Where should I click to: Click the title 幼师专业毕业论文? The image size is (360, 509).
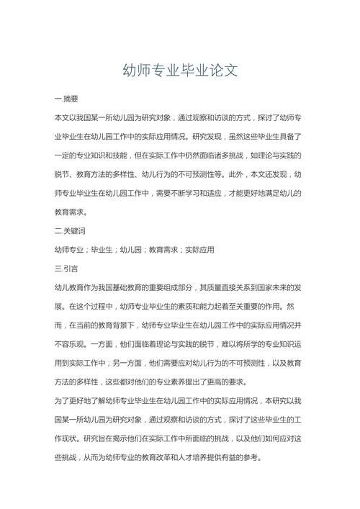pos(180,71)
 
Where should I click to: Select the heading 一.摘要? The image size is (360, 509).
pos(66,99)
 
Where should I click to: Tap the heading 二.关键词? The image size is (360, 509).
pos(71,231)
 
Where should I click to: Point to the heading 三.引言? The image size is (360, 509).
pos(66,269)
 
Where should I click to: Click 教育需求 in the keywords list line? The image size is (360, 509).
pos(163,250)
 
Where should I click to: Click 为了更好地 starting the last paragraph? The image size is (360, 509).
pos(74,400)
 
